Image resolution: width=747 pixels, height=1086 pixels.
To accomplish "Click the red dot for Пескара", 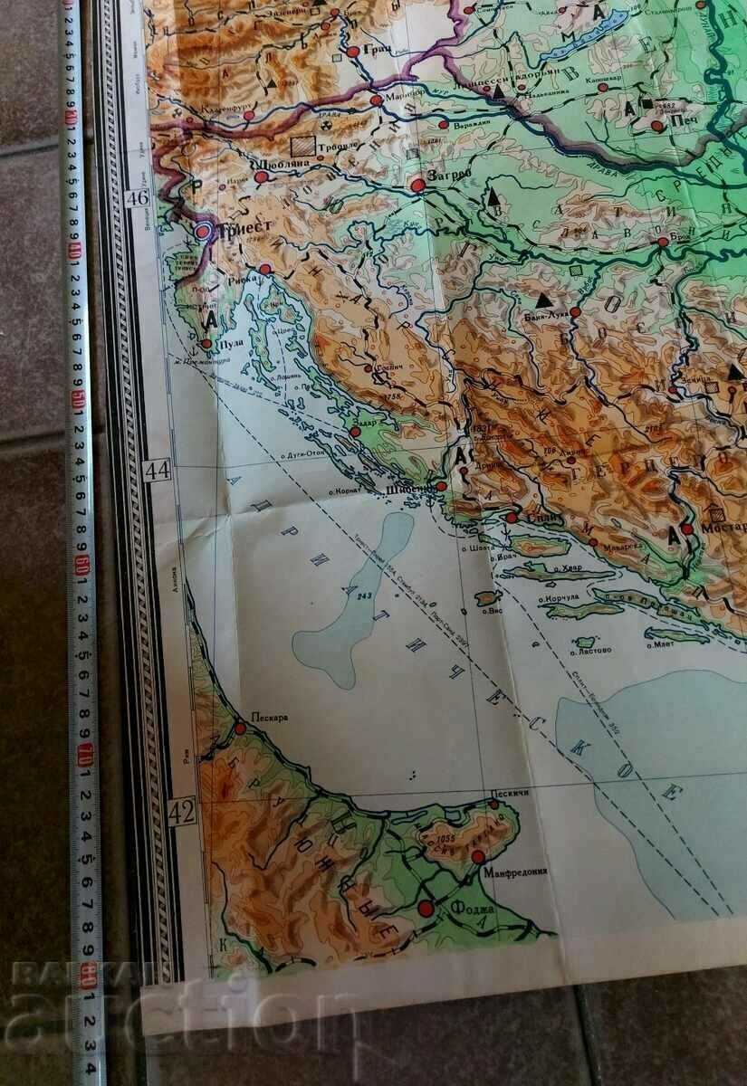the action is (241, 727).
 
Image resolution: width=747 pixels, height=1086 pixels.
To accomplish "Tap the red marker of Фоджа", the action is (426, 907).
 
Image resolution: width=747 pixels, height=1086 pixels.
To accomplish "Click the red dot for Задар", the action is (355, 433).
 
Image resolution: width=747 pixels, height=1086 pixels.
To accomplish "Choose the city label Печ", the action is (684, 128).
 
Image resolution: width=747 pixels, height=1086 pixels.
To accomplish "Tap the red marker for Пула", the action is (206, 344).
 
